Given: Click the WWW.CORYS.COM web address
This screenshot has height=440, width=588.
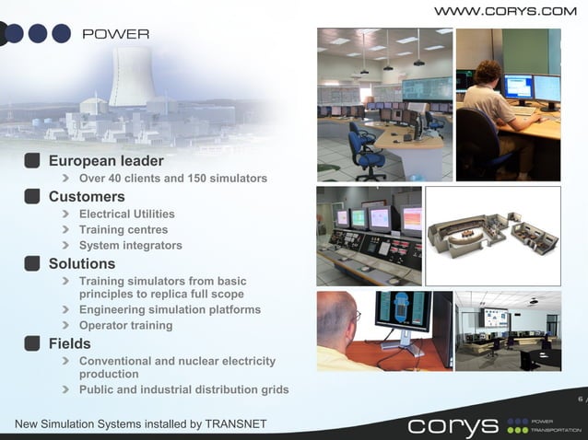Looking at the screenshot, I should click(x=504, y=11).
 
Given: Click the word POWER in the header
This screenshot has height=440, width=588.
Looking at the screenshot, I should click(x=115, y=34).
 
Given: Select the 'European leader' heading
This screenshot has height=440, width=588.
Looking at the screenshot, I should click(x=105, y=161).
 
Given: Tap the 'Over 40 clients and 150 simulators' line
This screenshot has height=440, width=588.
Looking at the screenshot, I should click(x=172, y=179).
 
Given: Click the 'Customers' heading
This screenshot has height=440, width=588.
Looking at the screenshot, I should click(x=87, y=196).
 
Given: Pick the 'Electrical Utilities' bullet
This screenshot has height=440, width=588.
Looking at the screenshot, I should click(x=126, y=214).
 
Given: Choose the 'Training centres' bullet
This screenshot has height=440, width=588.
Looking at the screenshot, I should click(x=123, y=229).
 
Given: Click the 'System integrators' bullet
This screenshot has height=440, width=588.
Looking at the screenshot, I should click(x=130, y=245).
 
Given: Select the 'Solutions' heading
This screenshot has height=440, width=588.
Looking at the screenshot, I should click(x=82, y=263).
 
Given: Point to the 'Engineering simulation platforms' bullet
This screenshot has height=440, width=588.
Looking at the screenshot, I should click(x=170, y=309).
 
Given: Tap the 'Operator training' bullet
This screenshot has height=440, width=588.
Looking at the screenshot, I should click(x=125, y=325).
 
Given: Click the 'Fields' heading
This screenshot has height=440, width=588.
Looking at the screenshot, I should click(x=69, y=343).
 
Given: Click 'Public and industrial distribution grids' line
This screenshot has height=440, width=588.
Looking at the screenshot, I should click(x=183, y=389).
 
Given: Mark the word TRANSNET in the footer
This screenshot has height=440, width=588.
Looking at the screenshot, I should click(x=235, y=423).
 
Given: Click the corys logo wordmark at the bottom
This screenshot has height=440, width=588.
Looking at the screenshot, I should click(x=453, y=426).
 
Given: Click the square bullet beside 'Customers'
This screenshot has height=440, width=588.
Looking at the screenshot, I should click(x=32, y=196).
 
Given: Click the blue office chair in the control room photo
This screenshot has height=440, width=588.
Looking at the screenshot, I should click(x=367, y=152).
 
